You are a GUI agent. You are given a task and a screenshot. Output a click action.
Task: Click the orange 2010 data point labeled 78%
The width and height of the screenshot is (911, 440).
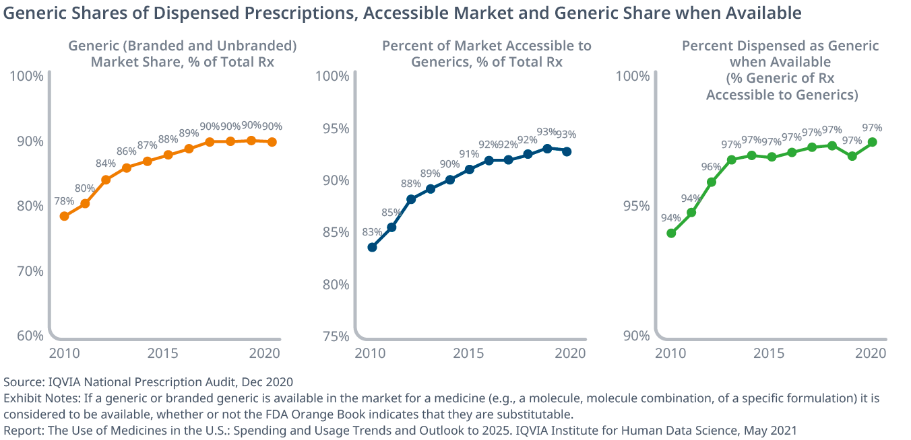[x=65, y=216]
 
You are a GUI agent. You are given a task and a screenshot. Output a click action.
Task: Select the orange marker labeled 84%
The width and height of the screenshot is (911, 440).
[x=106, y=180]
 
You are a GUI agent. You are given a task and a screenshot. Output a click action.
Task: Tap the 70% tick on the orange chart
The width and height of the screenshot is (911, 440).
[x=28, y=271]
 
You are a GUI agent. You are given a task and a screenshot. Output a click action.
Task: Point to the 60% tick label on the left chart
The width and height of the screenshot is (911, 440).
[x=28, y=336]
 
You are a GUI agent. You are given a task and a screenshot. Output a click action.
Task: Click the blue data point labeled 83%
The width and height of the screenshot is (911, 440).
[x=372, y=247]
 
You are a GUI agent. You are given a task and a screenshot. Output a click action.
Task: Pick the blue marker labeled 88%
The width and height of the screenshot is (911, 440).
[x=411, y=199]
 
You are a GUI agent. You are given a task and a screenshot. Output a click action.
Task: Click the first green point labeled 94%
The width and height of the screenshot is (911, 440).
[x=671, y=233]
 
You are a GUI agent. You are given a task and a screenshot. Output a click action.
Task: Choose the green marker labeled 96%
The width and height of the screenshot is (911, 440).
[x=711, y=182]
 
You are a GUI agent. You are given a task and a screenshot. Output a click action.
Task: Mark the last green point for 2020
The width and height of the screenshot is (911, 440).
[x=872, y=142]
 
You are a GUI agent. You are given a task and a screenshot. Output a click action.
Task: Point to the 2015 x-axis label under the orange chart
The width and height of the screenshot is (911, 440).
[x=162, y=353]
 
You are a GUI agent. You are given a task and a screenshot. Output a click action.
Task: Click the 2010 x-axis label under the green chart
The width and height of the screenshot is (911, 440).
[x=669, y=353]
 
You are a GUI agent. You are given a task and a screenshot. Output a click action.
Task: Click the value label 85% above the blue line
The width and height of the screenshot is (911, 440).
[x=391, y=213]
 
